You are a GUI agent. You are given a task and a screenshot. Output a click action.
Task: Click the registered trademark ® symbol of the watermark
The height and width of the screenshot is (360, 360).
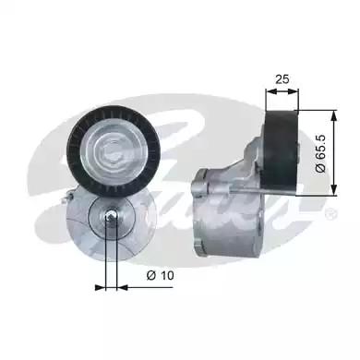click(330, 214)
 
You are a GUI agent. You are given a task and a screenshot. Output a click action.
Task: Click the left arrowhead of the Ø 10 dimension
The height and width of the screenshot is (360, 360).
click(100, 286)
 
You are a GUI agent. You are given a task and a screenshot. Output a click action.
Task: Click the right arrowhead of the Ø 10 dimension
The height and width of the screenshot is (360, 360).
click(119, 286)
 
